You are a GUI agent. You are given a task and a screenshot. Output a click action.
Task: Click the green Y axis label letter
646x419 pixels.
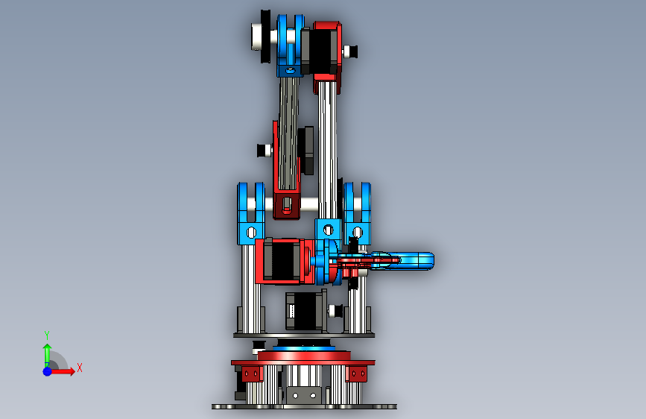point(46,335)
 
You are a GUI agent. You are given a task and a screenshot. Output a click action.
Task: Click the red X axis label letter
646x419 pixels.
point(80,368)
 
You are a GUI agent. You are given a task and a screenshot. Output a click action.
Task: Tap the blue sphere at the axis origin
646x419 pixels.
point(48,371)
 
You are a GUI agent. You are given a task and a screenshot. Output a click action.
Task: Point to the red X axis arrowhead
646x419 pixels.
point(72,371)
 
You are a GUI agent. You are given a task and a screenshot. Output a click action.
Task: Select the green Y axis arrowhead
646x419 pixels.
point(48,348)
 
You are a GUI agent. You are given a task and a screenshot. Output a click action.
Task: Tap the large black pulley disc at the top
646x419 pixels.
point(266,37)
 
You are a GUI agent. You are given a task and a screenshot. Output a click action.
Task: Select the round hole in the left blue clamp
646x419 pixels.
point(251,233)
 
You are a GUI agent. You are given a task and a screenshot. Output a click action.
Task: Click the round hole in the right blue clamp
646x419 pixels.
point(358,232)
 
